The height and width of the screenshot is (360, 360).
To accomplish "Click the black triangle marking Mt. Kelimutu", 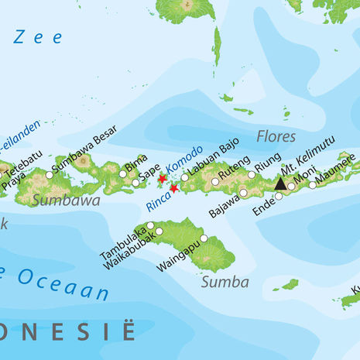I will [280, 183].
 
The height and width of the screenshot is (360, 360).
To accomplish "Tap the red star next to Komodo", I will [162, 180].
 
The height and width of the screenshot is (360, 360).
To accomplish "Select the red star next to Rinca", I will [174, 188].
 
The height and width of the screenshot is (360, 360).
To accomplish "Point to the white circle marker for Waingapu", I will [204, 238].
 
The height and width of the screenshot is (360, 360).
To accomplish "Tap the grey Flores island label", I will [276, 137].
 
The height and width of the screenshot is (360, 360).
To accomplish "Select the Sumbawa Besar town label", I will [85, 149].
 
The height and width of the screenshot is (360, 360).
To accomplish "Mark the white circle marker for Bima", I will [123, 174].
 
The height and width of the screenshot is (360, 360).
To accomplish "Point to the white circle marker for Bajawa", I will [243, 193].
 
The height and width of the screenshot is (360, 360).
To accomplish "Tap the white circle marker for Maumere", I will [313, 184].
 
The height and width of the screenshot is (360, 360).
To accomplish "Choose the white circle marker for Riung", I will [252, 175].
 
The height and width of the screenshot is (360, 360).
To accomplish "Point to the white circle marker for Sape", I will [135, 183].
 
